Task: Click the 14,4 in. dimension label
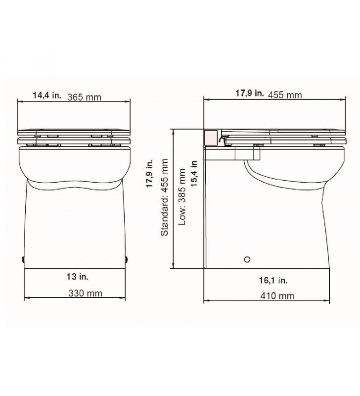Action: tap(47, 95)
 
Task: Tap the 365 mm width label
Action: tap(84, 97)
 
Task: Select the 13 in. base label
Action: tap(78, 277)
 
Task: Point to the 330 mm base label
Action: tap(85, 293)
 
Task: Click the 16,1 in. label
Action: tap(273, 280)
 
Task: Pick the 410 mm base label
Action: tap(277, 296)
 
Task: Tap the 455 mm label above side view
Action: tap(285, 95)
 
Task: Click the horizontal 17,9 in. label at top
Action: tap(250, 93)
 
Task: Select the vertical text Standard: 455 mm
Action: tap(165, 197)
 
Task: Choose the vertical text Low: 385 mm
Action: tap(182, 197)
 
